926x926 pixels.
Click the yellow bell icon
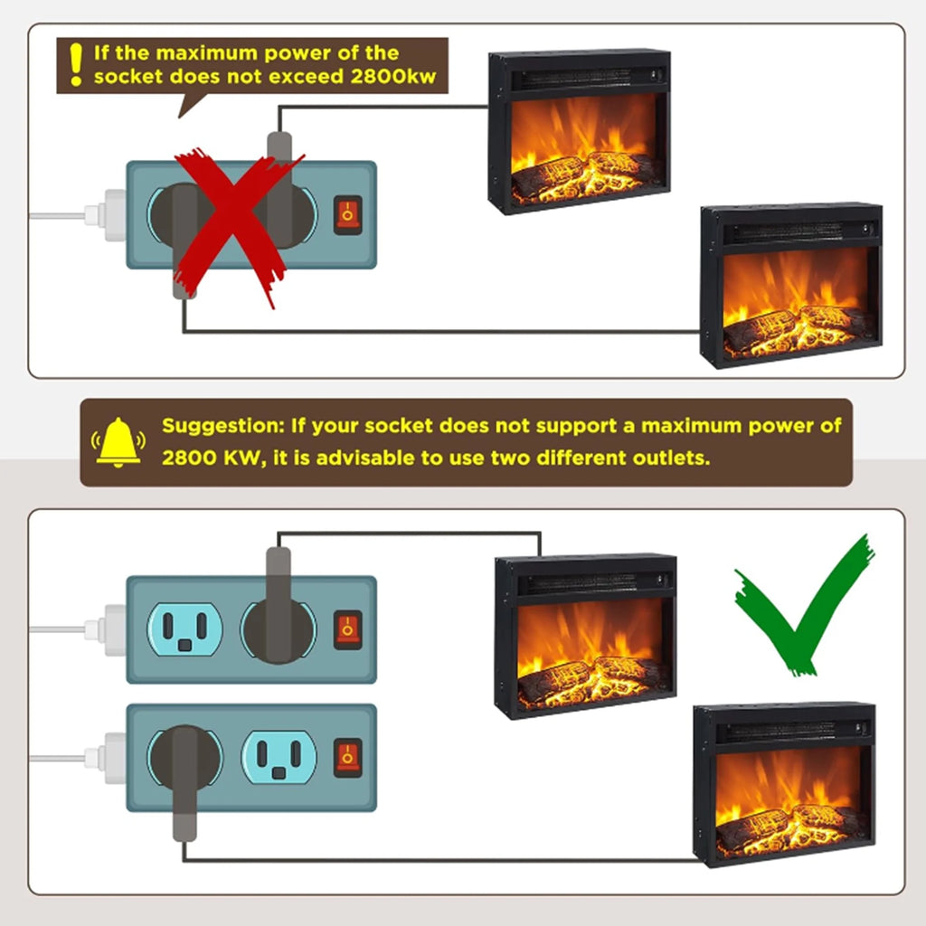[x=118, y=442]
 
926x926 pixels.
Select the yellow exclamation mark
[x=76, y=65]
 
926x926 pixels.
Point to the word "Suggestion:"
[x=223, y=427]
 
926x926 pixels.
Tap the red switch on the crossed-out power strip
[x=348, y=215]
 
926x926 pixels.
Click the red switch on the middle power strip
[x=348, y=629]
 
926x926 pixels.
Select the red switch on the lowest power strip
[x=348, y=757]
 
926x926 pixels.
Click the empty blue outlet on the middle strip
[x=184, y=630]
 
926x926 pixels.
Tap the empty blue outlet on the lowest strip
[x=279, y=758]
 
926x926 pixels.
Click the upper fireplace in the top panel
[x=580, y=131]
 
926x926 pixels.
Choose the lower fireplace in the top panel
[x=791, y=285]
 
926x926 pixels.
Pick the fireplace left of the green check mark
[x=585, y=636]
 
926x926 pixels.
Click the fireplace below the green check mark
[x=784, y=785]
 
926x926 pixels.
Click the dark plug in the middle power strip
[x=279, y=606]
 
